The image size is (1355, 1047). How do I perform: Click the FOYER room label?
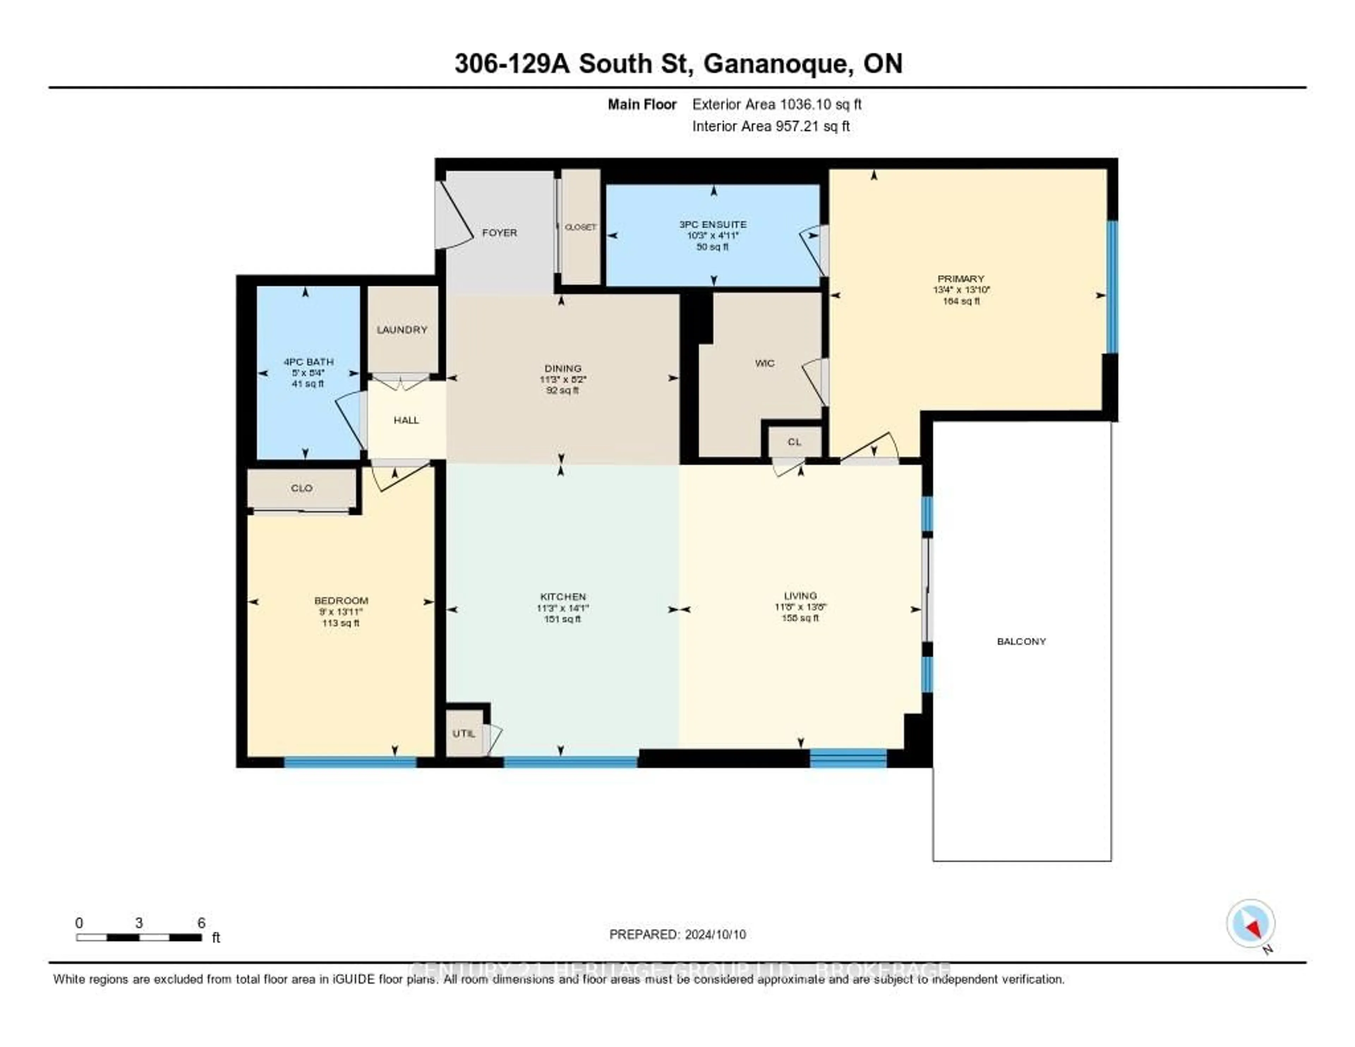tap(499, 233)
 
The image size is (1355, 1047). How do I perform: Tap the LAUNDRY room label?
tap(402, 330)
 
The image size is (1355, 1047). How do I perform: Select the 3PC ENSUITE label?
tap(713, 224)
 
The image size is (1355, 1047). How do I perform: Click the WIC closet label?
tap(764, 363)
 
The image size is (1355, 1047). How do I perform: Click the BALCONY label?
tap(1021, 641)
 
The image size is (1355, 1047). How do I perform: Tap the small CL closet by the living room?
tap(794, 442)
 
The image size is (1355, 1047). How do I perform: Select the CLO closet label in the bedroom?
tap(302, 488)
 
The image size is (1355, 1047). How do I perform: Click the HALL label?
tap(406, 420)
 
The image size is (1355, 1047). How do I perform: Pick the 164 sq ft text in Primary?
tap(961, 301)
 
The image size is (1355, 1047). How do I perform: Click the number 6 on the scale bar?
tap(201, 923)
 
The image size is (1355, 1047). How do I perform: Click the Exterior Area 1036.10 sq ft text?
tap(777, 104)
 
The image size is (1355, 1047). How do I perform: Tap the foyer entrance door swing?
tap(453, 217)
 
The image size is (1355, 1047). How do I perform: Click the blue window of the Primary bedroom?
tap(1113, 287)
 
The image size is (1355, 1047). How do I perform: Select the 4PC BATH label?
tap(308, 362)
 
